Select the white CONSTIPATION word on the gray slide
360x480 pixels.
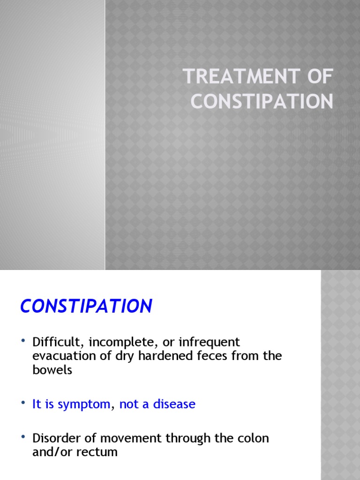[262, 102]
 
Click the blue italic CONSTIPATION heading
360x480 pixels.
[86, 306]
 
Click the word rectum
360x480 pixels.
[97, 452]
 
